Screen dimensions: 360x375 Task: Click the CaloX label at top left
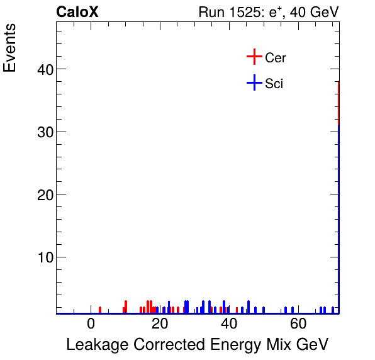click(x=77, y=13)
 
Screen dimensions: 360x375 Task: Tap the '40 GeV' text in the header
click(x=314, y=13)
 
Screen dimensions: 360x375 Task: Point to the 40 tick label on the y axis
click(x=40, y=69)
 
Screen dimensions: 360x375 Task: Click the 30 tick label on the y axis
click(x=40, y=132)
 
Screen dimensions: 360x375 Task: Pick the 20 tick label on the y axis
click(x=40, y=194)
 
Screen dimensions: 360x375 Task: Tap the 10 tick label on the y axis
click(x=40, y=257)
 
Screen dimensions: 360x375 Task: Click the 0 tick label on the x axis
click(x=91, y=325)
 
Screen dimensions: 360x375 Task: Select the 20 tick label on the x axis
click(x=160, y=325)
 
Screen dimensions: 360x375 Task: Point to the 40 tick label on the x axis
click(x=229, y=325)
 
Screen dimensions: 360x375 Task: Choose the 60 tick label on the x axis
click(x=298, y=325)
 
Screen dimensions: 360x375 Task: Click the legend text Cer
click(x=276, y=58)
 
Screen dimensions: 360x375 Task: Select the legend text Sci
click(x=274, y=83)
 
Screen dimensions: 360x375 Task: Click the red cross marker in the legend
click(x=254, y=57)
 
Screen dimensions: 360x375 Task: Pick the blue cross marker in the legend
click(x=254, y=82)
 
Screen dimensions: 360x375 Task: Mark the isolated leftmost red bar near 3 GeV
click(x=100, y=310)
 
